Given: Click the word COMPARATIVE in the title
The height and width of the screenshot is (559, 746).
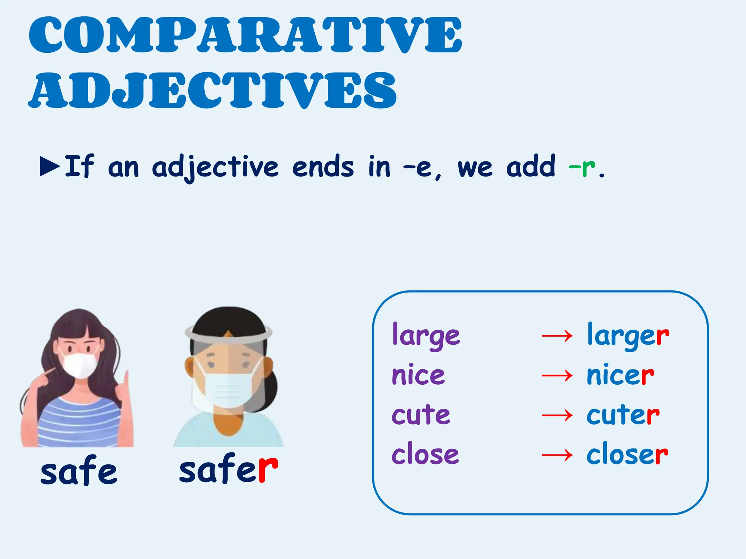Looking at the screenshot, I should click(x=245, y=35).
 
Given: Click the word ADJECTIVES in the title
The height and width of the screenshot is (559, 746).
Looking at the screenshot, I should click(x=212, y=90).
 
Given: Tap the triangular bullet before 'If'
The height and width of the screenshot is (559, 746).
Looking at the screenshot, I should click(x=50, y=167).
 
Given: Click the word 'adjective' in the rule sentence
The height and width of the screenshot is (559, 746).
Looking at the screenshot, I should click(x=215, y=167).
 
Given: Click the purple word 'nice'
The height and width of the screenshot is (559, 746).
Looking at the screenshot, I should click(x=418, y=375).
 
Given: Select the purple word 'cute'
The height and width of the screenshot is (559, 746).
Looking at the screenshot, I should click(x=421, y=415).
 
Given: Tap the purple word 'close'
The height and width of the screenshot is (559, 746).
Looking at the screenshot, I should click(x=425, y=454).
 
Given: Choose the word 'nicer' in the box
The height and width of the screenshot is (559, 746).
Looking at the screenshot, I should click(x=620, y=375).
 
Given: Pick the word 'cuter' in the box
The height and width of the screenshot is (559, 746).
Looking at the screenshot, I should click(x=623, y=415).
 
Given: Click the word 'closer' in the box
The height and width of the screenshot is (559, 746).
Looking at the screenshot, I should click(x=627, y=454).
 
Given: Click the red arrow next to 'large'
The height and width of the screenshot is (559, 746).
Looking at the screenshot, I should click(x=557, y=336).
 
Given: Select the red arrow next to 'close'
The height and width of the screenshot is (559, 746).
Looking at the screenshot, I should click(x=557, y=455).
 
